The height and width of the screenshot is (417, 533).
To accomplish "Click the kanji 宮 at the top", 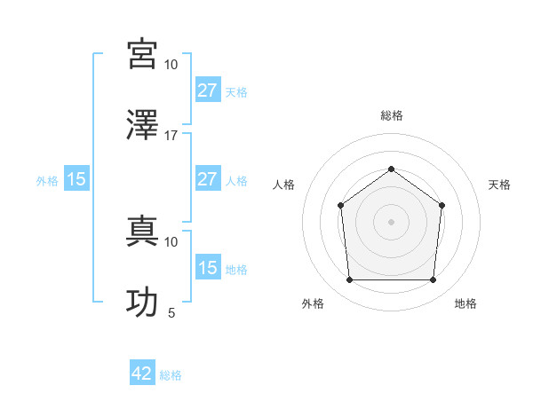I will [x=143, y=54].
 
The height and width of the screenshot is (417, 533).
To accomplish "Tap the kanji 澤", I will [x=143, y=125].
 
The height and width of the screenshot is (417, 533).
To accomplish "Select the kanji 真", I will [x=143, y=232].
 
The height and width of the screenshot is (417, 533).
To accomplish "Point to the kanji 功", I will [x=143, y=303].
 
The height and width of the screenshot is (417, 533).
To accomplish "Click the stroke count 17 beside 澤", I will [x=171, y=136].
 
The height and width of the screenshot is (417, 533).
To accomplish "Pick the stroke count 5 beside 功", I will [x=171, y=312].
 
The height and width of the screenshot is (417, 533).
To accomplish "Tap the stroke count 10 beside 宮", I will [x=171, y=65].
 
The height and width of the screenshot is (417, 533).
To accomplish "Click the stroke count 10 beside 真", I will [x=171, y=241].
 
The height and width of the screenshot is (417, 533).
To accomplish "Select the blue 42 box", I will [x=142, y=374].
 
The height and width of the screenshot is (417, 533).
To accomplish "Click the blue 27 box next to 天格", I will [x=207, y=90].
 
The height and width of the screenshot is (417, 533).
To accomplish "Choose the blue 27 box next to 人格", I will [x=207, y=179].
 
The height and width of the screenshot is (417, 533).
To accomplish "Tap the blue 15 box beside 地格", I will [x=207, y=268].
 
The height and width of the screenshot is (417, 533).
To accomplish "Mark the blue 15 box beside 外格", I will [x=76, y=179].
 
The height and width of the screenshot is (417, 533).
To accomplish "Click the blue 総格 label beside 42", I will [x=171, y=375].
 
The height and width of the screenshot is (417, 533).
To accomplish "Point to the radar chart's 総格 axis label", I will [x=391, y=116].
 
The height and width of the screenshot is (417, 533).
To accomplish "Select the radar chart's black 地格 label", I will [x=465, y=303].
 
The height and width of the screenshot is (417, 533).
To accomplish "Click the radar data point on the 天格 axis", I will [x=442, y=205].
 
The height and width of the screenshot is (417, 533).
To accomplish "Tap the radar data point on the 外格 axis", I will [x=349, y=280].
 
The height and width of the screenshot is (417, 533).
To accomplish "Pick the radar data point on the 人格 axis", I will [x=341, y=206].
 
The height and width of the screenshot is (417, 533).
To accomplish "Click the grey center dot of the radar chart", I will [x=391, y=222].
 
